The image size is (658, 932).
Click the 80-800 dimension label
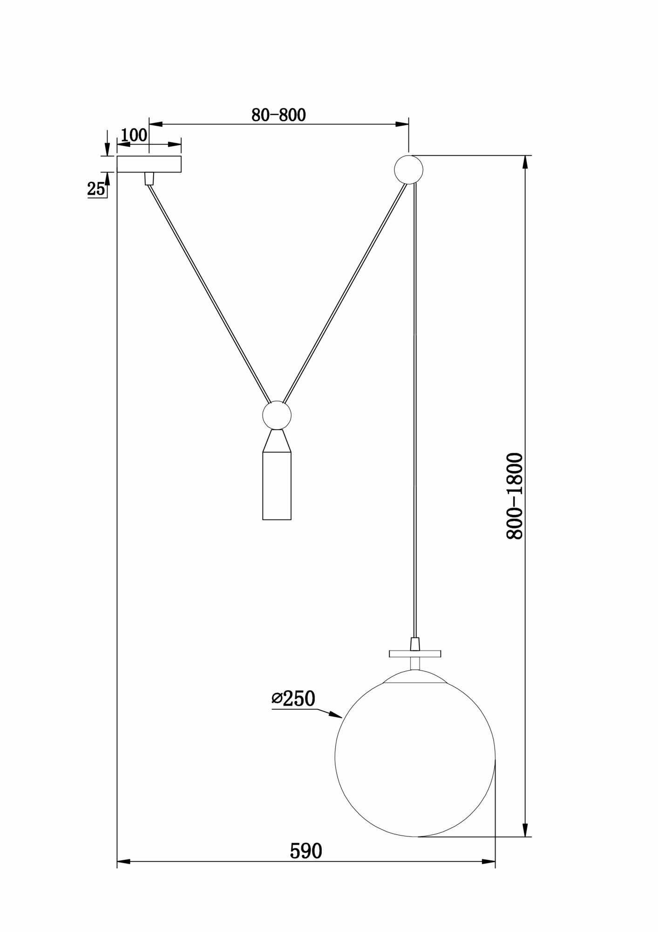tap(278, 115)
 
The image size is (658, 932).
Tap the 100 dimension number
tap(134, 135)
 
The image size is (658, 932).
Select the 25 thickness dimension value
tap(95, 189)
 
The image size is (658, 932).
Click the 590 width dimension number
tap(305, 851)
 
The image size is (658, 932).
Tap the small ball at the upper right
tap(408, 169)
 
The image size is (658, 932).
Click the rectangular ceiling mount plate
tap(149, 164)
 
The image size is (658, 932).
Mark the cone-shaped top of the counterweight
tap(277, 440)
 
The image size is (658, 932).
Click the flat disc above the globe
tap(414, 653)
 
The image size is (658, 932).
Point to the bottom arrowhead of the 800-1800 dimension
tap(525, 829)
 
